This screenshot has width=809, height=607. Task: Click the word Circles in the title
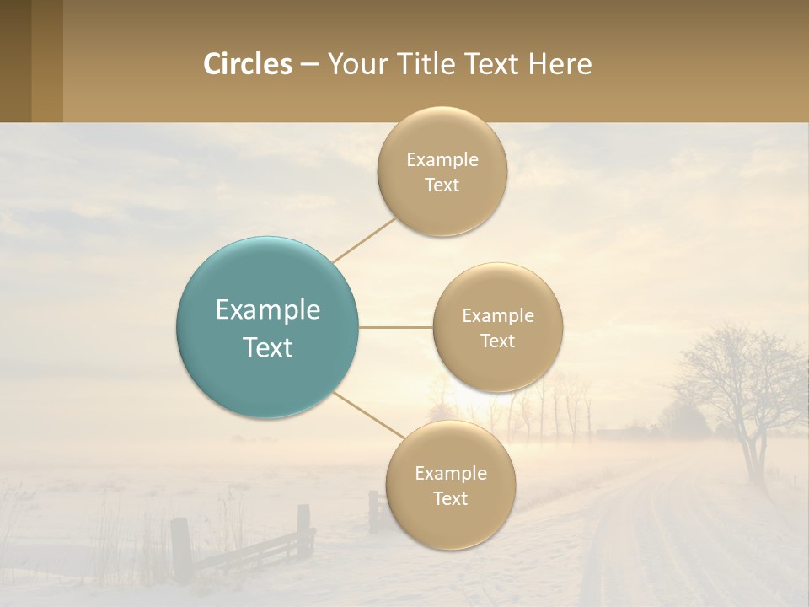[247, 64]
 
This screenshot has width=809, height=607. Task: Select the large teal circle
[268, 327]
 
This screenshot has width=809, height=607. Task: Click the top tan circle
[442, 171]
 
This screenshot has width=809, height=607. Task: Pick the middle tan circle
[497, 327]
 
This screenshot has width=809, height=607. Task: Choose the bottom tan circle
[450, 485]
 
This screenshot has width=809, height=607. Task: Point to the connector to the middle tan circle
[395, 327]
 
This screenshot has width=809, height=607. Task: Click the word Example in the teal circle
[268, 309]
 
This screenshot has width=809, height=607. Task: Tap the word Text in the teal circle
[268, 346]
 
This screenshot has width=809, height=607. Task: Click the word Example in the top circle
[442, 159]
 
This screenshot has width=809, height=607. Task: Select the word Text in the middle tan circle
[497, 341]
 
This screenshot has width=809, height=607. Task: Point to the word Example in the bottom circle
[451, 473]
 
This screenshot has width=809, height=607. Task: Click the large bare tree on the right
[742, 388]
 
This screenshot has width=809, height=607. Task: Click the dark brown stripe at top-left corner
[15, 61]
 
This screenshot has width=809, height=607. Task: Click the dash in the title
[309, 64]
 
